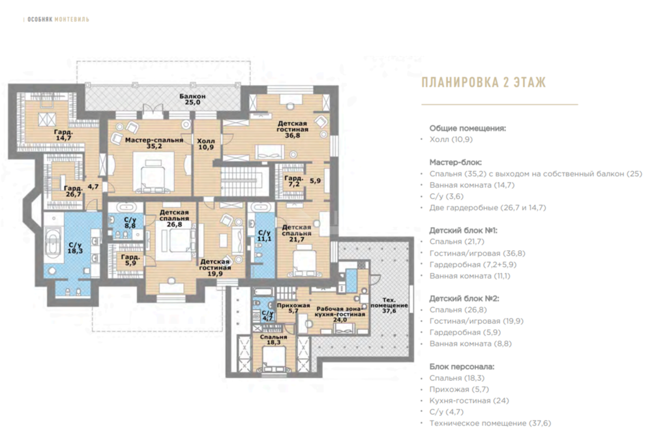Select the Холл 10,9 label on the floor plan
[206, 144]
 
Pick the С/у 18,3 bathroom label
[74, 248]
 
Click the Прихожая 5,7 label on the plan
[288, 308]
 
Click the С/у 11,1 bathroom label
[264, 236]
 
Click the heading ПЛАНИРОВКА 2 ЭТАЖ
[483, 83]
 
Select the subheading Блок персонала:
[462, 366]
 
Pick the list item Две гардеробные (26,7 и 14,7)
[488, 208]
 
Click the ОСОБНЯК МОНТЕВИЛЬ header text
[57, 20]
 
